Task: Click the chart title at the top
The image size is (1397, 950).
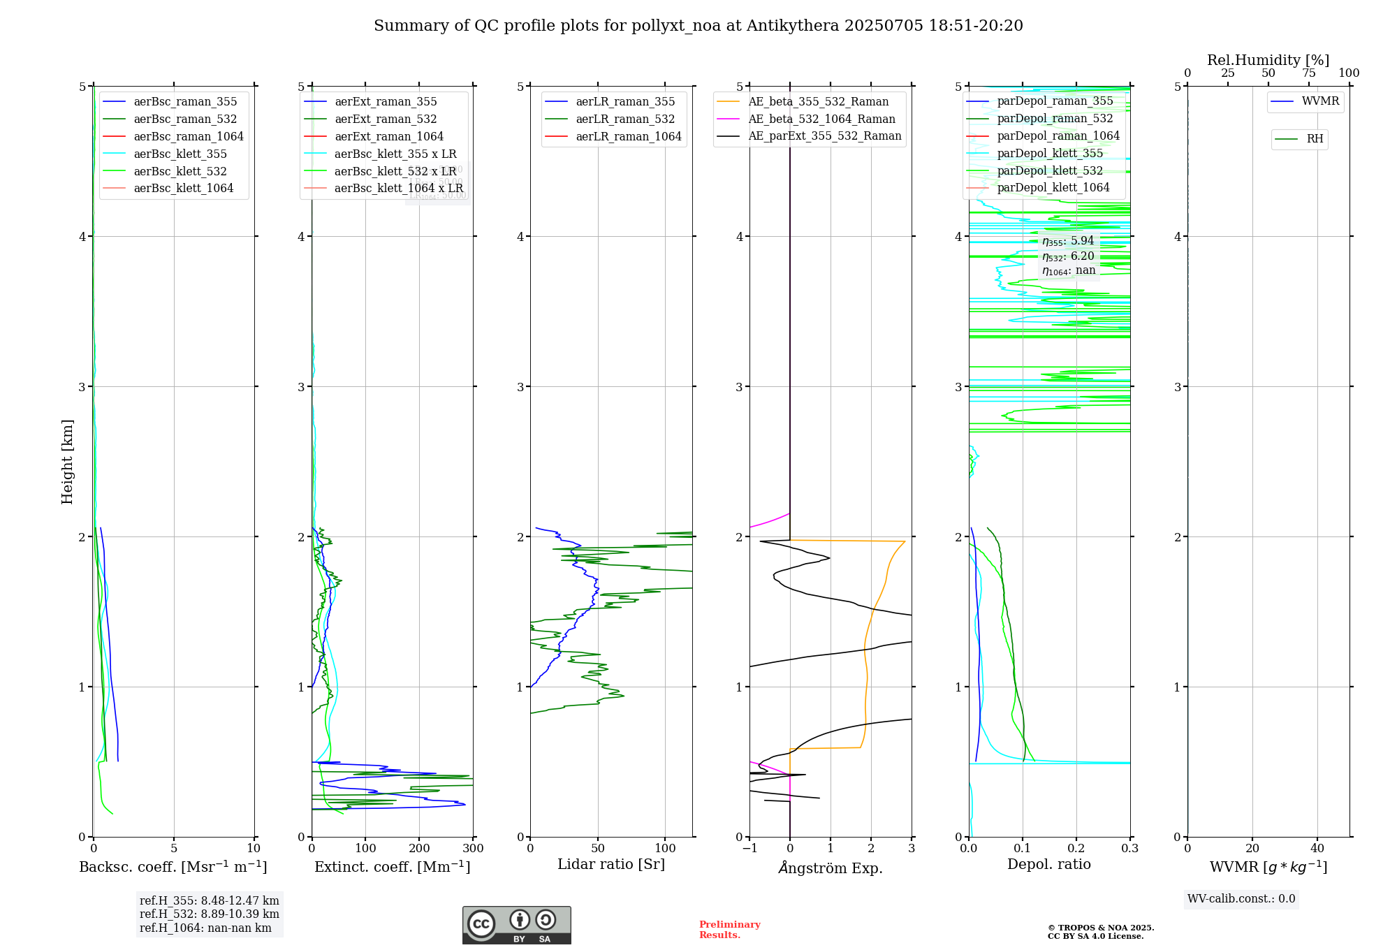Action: tap(698, 26)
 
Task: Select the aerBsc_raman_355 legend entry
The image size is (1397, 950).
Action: tap(185, 102)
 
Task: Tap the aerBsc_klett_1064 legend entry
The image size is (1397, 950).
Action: tap(183, 189)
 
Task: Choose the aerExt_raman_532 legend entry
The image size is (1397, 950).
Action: tap(386, 119)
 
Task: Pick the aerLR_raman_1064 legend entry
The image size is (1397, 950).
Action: tap(628, 137)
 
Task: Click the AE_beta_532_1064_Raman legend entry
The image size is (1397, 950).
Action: tap(821, 119)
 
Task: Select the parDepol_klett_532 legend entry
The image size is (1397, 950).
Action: tap(1049, 171)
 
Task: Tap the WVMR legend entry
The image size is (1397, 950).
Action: tap(1320, 101)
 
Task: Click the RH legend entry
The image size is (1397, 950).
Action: tap(1315, 139)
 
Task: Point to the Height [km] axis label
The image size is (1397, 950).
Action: tap(67, 461)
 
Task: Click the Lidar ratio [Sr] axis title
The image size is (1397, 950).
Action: tap(611, 865)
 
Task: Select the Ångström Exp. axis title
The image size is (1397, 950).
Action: tap(831, 868)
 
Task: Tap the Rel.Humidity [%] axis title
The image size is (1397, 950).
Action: tap(1268, 60)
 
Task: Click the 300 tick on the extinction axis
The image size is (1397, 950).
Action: tap(473, 849)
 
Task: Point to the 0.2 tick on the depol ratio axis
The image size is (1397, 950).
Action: tap(1076, 849)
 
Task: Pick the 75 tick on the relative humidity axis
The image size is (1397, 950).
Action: tap(1308, 73)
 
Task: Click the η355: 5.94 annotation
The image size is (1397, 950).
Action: tap(1068, 241)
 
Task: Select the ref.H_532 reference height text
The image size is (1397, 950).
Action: tap(209, 914)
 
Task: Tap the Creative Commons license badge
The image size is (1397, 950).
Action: tap(516, 925)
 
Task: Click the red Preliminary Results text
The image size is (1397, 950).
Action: tap(729, 930)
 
